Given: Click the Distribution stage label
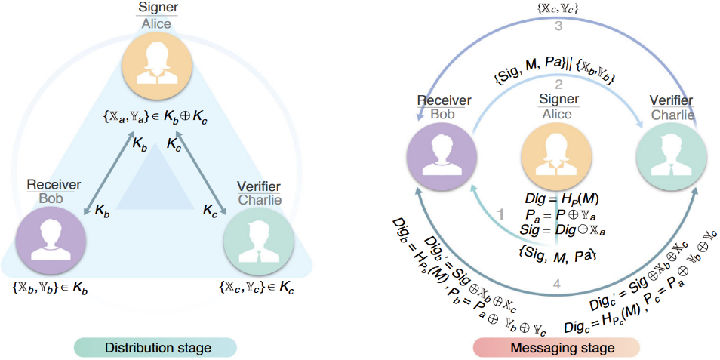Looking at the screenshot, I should (x=155, y=347).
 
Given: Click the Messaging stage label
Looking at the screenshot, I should (x=555, y=347).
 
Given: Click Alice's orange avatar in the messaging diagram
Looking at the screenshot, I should (x=555, y=151).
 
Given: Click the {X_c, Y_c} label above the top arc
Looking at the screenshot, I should (x=556, y=8).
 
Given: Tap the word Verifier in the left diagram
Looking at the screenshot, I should (x=258, y=186).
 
